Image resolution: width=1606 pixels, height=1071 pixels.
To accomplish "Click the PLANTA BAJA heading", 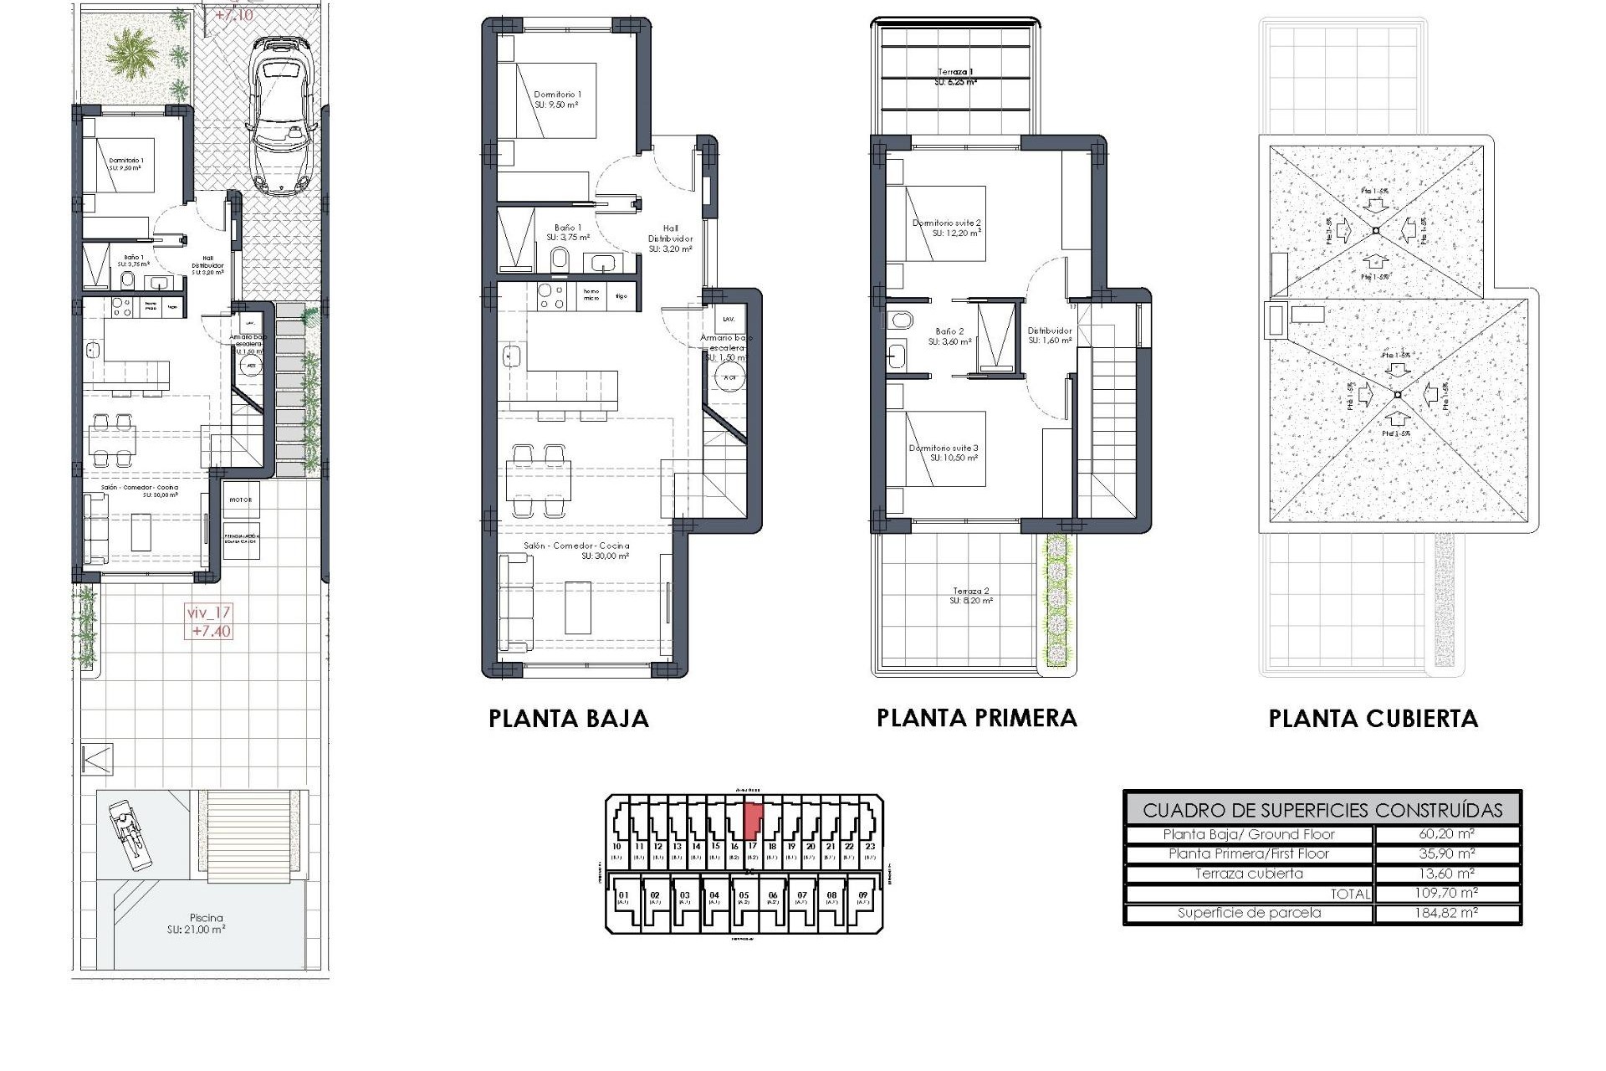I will tap(568, 719).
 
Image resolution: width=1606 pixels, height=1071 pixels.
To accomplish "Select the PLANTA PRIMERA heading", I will tap(976, 718).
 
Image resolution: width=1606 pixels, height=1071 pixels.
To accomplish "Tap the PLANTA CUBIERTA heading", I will tap(1373, 719).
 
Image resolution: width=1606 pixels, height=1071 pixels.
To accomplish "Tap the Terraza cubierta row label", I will tap(1248, 874).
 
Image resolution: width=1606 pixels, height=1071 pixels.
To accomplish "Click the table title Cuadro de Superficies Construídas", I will tap(1322, 810).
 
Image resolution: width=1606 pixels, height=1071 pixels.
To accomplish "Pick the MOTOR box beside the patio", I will tap(241, 500).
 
